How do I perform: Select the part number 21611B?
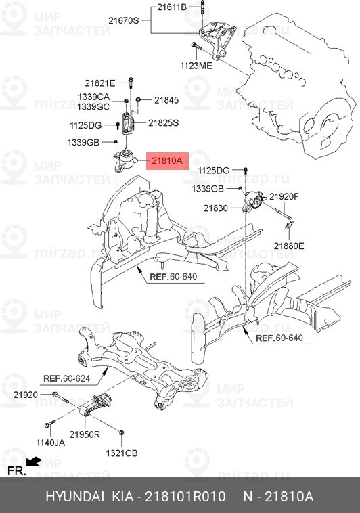[x=171, y=7]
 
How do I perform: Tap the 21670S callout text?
[x=124, y=21]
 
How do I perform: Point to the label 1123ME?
[x=196, y=66]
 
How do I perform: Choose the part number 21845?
[x=166, y=100]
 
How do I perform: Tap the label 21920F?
[x=284, y=196]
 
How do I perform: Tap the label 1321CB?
[x=122, y=452]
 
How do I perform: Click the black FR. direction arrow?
[x=33, y=462]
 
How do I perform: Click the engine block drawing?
[x=298, y=74]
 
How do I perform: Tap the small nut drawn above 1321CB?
[x=121, y=432]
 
